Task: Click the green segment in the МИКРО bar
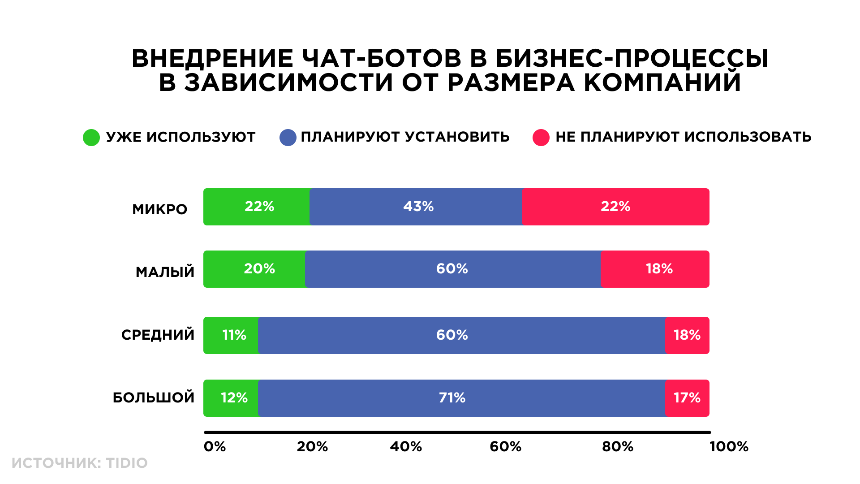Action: point(257,207)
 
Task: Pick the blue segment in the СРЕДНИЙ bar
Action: point(462,335)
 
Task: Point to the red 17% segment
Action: point(687,398)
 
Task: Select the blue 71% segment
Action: point(462,398)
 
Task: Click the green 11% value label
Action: point(234,335)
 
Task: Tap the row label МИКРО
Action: point(159,209)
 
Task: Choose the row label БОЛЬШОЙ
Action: point(154,398)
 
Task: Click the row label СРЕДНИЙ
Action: point(158,335)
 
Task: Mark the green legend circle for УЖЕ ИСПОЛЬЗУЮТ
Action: point(91,138)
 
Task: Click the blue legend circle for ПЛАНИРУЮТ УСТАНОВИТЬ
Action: point(288,138)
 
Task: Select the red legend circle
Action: point(541,138)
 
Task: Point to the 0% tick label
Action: point(215,446)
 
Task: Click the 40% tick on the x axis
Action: point(406,446)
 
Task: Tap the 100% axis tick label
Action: point(729,446)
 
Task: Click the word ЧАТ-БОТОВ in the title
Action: point(382,59)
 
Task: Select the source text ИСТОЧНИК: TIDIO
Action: point(80,463)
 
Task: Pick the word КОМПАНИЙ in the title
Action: point(662,82)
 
